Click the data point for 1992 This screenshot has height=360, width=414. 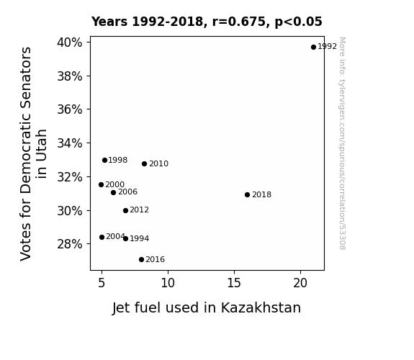[x=313, y=48]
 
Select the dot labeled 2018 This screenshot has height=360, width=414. [x=247, y=195]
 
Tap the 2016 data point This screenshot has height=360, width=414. [x=142, y=260]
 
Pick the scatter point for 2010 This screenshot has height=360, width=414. [x=144, y=164]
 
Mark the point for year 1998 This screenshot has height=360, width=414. [x=104, y=161]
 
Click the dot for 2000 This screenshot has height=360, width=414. [x=101, y=184]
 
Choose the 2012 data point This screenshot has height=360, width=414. [x=126, y=210]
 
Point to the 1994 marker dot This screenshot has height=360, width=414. [x=126, y=239]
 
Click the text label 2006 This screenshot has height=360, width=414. [x=127, y=192]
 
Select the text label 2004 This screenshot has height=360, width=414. [x=115, y=236]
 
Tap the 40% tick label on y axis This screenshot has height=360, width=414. [x=70, y=42]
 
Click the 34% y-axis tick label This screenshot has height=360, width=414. [x=70, y=143]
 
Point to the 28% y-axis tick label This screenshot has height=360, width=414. [x=70, y=244]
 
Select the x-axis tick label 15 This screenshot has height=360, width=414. [x=234, y=283]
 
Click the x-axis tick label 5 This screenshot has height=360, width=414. [x=102, y=283]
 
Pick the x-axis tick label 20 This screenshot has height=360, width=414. [x=300, y=283]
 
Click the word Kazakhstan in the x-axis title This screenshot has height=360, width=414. [x=261, y=307]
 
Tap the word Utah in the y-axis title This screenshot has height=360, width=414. [x=42, y=153]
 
